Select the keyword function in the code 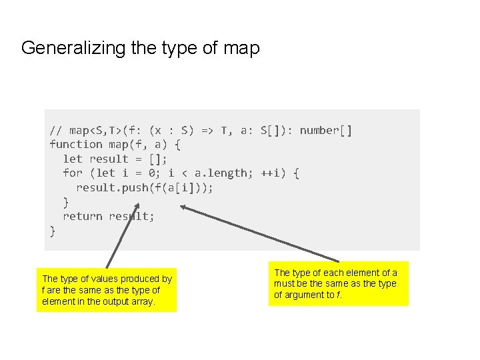(76, 144)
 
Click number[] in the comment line (325, 130)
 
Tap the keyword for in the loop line (72, 173)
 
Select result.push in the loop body (112, 187)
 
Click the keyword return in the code (82, 216)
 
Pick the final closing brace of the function (53, 231)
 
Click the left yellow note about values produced (107, 290)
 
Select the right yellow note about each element (338, 283)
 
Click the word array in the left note (143, 301)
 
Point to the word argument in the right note (305, 295)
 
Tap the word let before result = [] (72, 159)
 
